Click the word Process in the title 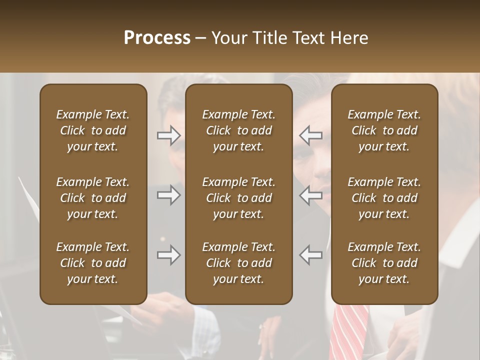pyautogui.click(x=157, y=38)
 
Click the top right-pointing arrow pyautogui.click(x=168, y=135)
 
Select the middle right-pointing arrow pyautogui.click(x=168, y=195)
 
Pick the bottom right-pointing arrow pyautogui.click(x=168, y=255)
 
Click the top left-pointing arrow pyautogui.click(x=311, y=135)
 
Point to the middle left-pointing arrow pyautogui.click(x=311, y=195)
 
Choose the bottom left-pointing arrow pyautogui.click(x=311, y=255)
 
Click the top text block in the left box pyautogui.click(x=93, y=130)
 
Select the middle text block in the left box pyautogui.click(x=93, y=198)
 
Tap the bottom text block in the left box pyautogui.click(x=93, y=263)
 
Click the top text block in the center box pyautogui.click(x=238, y=130)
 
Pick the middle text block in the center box pyautogui.click(x=238, y=198)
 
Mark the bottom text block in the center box pyautogui.click(x=238, y=263)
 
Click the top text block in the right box pyautogui.click(x=384, y=130)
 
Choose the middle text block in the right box pyautogui.click(x=384, y=198)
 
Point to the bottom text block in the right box pyautogui.click(x=384, y=263)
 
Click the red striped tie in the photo pyautogui.click(x=350, y=332)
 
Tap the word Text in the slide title pyautogui.click(x=308, y=38)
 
